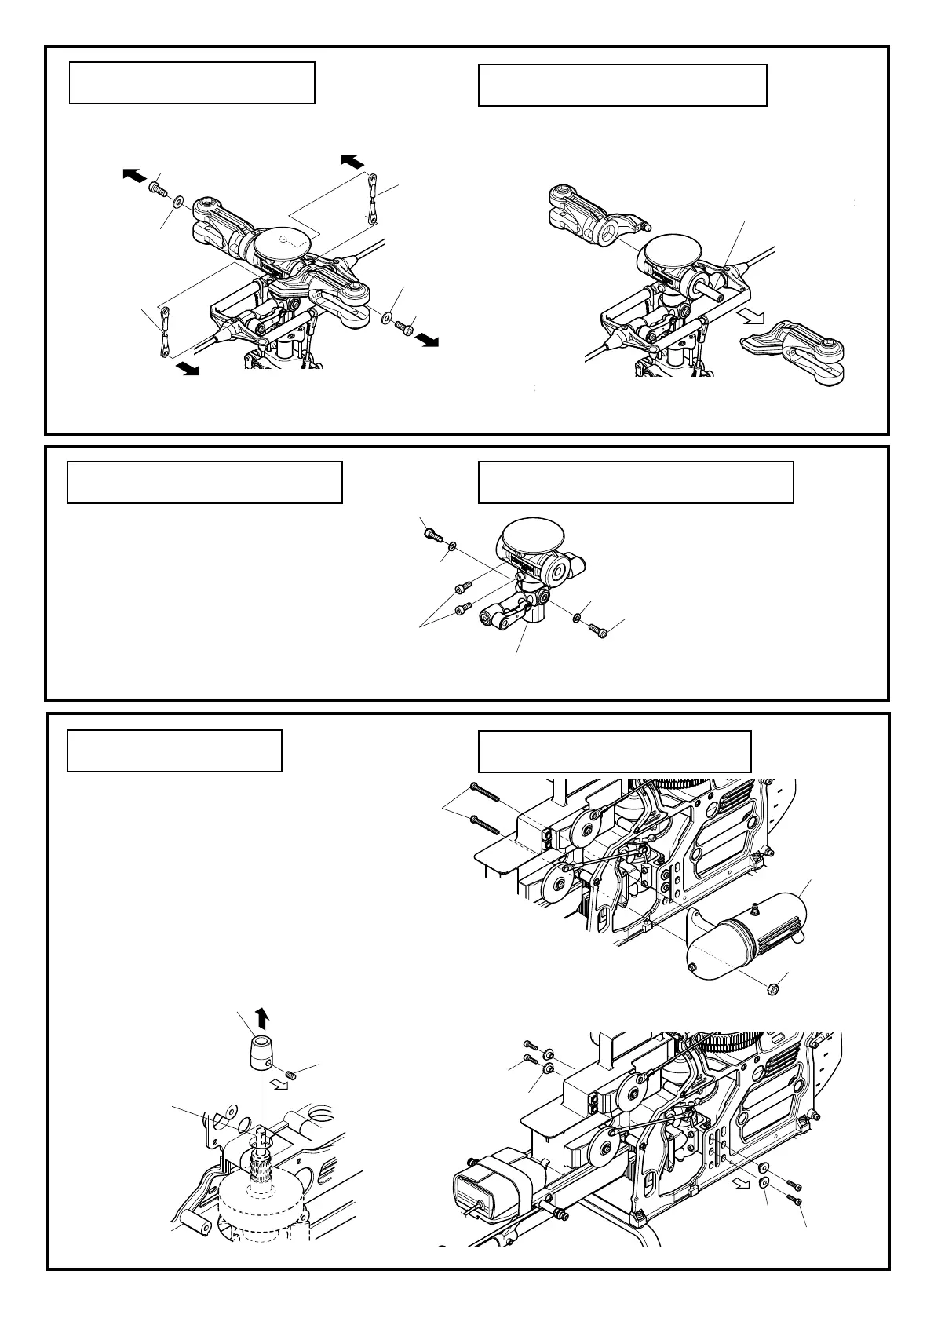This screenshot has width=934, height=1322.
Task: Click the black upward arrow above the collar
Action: click(262, 1018)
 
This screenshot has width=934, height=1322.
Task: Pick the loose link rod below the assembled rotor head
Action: click(166, 334)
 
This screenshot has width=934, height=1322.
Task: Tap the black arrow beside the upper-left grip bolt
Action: click(134, 175)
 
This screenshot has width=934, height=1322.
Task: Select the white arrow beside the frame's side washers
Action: click(740, 1183)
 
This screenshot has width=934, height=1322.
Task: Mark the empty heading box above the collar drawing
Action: click(174, 750)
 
